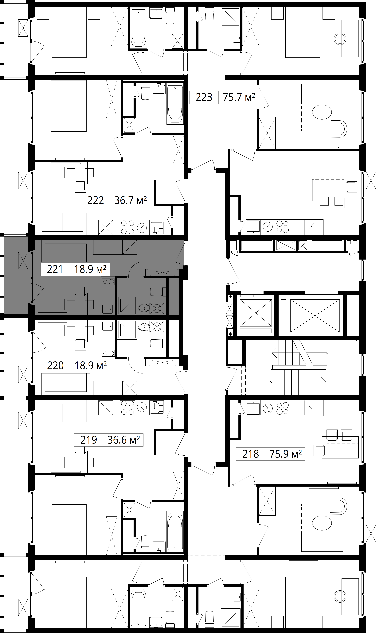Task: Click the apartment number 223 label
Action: (x=204, y=97)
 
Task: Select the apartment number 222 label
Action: (x=96, y=201)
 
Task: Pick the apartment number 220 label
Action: (x=55, y=366)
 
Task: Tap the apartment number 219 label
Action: (x=89, y=440)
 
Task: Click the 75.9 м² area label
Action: (x=286, y=454)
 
